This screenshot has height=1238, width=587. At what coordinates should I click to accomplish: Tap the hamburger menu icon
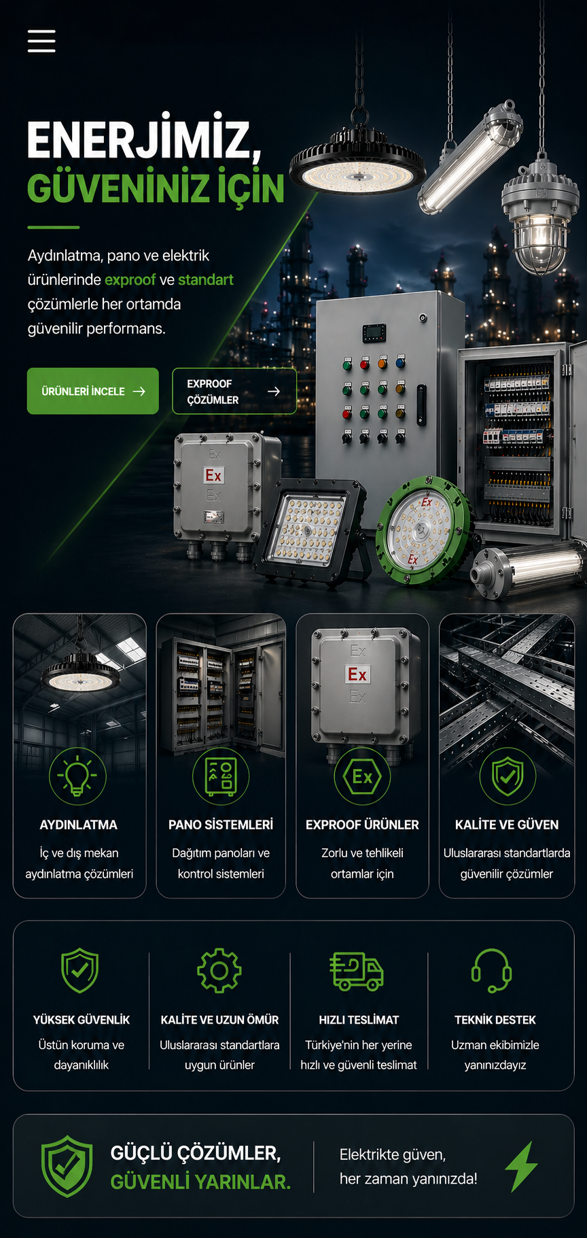coord(41,41)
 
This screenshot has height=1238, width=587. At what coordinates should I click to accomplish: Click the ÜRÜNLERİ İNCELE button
coord(93,391)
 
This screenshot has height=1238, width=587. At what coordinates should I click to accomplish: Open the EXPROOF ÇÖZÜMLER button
coord(234,391)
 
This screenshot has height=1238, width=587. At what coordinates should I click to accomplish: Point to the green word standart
coord(206,279)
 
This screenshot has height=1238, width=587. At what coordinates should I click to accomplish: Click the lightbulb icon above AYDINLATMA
coord(77,776)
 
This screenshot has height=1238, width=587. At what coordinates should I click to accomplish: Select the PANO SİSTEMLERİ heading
coord(221,825)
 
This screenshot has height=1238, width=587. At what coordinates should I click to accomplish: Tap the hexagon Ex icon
coord(362,776)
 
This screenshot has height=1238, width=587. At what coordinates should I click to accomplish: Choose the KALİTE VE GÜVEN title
coord(507,825)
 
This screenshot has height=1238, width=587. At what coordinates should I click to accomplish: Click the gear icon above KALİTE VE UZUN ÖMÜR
coord(219,970)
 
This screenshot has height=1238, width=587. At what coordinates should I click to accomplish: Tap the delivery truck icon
coord(357,971)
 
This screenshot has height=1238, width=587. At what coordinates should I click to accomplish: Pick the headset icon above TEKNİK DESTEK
coord(492,971)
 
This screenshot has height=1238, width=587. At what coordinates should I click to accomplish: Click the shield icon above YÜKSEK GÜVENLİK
coord(80,970)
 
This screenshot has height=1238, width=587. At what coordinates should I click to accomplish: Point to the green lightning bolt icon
coord(522,1167)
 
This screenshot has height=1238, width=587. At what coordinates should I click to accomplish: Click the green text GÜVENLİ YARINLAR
coord(200,1182)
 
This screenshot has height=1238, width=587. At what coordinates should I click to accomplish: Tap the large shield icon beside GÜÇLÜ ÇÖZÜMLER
coord(67,1166)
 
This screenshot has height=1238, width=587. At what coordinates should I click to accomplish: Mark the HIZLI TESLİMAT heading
coord(359,1020)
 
